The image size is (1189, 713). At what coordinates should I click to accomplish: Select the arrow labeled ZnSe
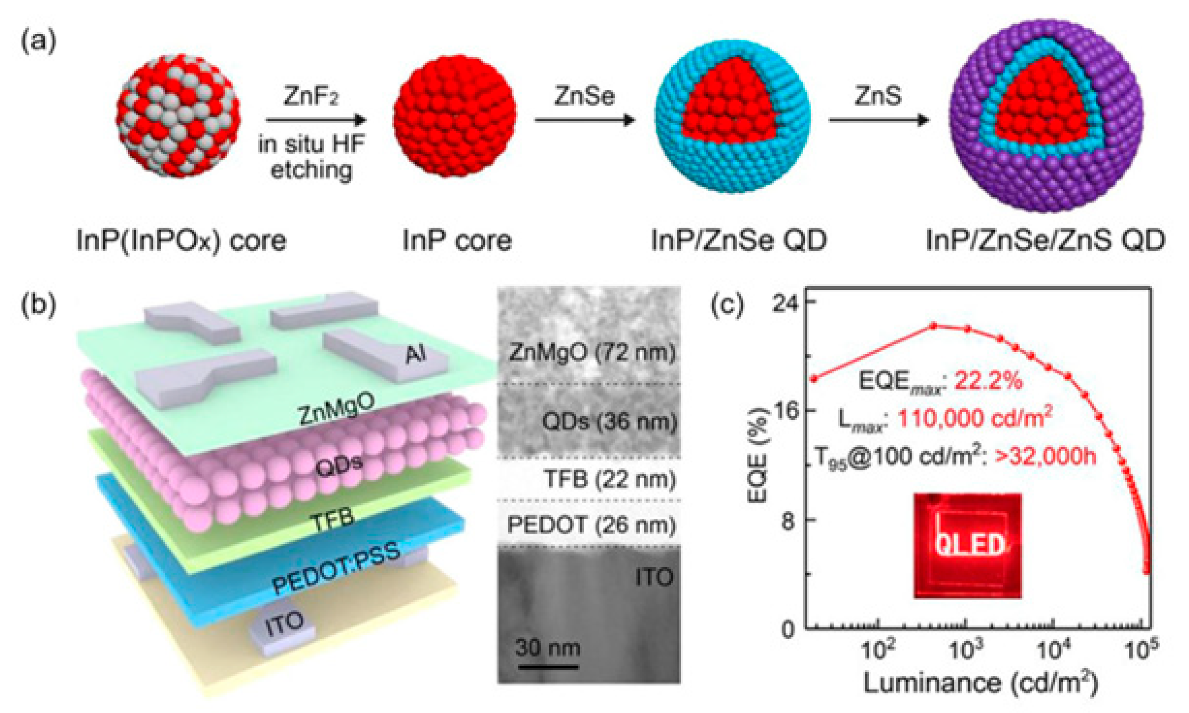(584, 120)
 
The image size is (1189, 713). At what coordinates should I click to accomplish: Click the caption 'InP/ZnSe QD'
(739, 240)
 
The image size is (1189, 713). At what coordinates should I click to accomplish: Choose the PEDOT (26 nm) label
(591, 525)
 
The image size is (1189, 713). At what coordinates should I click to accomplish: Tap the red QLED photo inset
(968, 546)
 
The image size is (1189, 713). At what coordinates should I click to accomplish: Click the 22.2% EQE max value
(989, 382)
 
